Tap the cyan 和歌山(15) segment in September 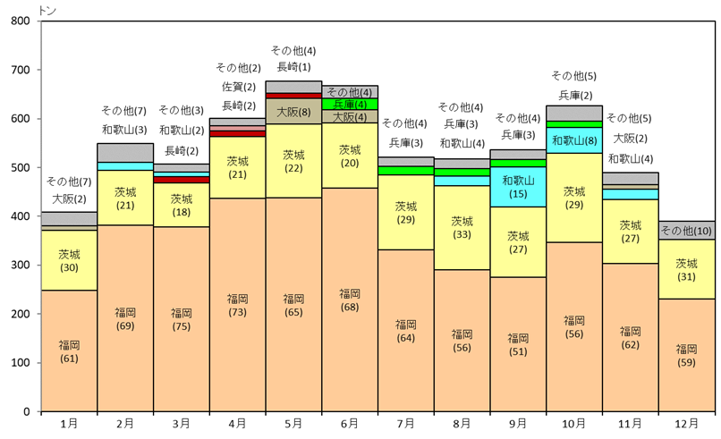click(518, 187)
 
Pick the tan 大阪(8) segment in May click(293, 112)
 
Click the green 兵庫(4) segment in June click(350, 104)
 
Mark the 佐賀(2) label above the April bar click(237, 87)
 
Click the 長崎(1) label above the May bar click(293, 67)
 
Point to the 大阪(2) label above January click(69, 198)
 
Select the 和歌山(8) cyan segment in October click(573, 140)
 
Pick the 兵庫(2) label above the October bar click(573, 96)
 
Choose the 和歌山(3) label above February click(124, 131)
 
